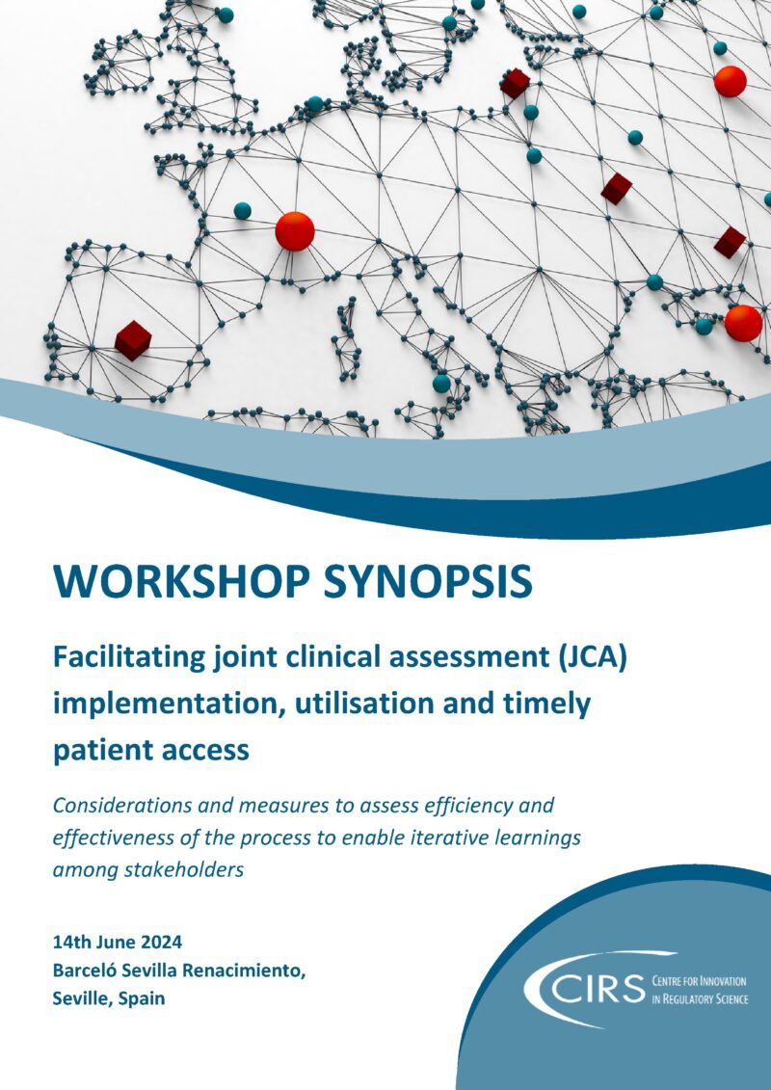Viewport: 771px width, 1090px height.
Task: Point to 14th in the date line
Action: coord(71,941)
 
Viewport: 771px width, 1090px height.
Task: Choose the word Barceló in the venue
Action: coord(84,970)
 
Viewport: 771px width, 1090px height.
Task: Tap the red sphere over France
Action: coord(295,231)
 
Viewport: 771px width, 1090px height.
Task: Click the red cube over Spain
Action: coord(133,339)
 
